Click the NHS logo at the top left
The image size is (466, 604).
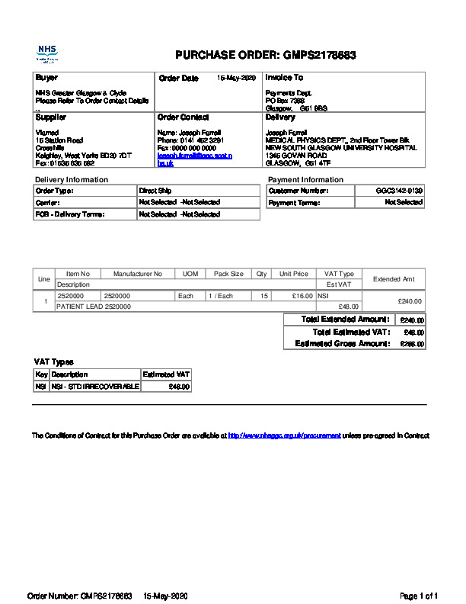pos(48,53)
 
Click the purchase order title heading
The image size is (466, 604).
pos(266,55)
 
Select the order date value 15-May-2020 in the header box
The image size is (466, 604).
pos(237,78)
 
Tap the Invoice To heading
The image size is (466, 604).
pos(284,78)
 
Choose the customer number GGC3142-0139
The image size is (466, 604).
pos(399,190)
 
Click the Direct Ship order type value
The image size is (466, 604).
pos(154,190)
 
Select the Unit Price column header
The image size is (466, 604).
pos(294,274)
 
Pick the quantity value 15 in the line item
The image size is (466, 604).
pos(263,295)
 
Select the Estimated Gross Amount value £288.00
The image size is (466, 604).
pos(412,344)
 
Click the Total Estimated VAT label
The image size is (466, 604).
pos(351,332)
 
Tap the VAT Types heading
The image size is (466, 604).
pos(53,361)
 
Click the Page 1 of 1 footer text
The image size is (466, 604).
pos(419,595)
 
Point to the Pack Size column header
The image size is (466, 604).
pos(228,274)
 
